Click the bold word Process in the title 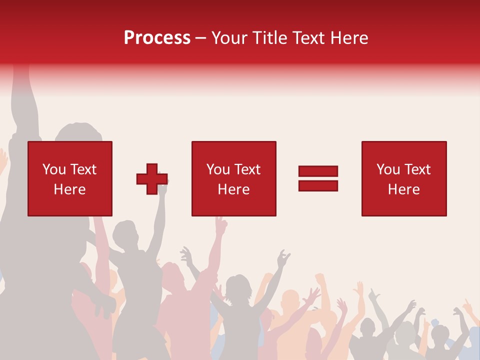[x=157, y=38]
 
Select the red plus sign [x=152, y=179]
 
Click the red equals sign [x=318, y=178]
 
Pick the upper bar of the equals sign [x=318, y=171]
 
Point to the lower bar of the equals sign [x=318, y=185]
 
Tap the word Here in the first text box [x=70, y=189]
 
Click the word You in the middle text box [x=218, y=170]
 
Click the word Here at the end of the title [x=348, y=38]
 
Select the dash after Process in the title [x=201, y=38]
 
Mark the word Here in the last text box [x=404, y=189]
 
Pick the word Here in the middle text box [x=233, y=189]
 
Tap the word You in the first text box [x=54, y=170]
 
